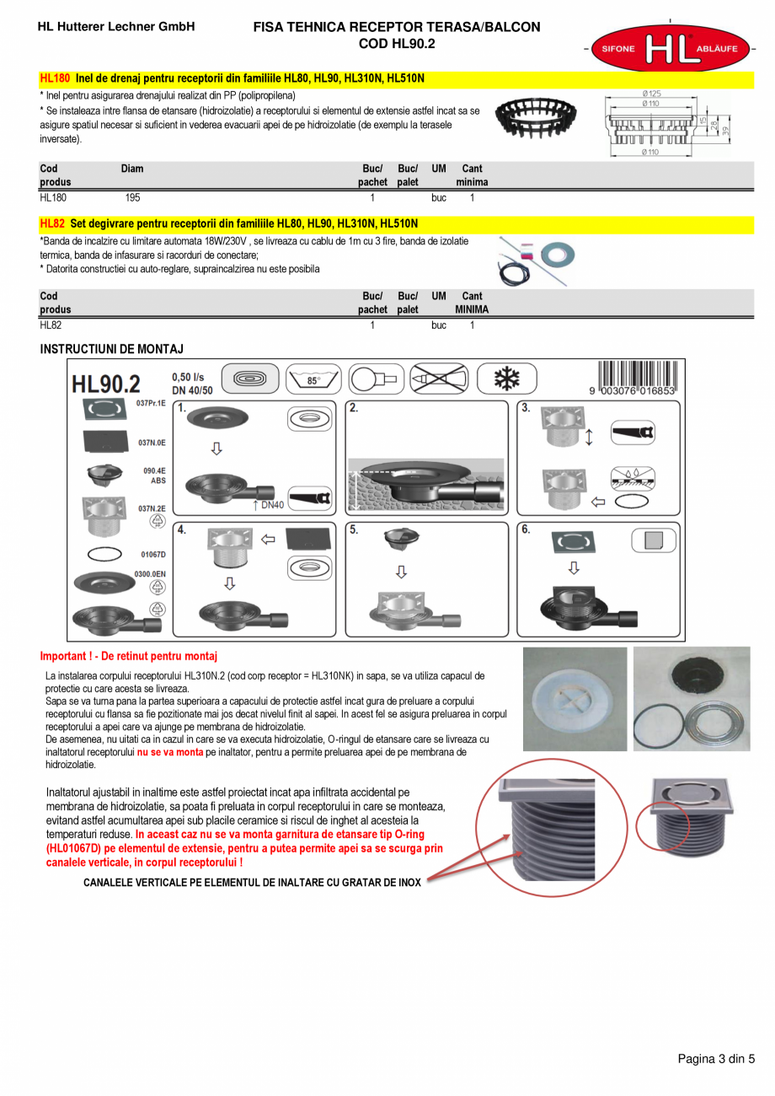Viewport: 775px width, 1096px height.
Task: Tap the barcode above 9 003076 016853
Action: pyautogui.click(x=637, y=374)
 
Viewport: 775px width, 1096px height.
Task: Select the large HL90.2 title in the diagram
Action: pyautogui.click(x=106, y=384)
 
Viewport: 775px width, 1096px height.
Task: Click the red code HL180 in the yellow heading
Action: pyautogui.click(x=55, y=78)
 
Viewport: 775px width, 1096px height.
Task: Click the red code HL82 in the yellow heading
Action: pyautogui.click(x=52, y=223)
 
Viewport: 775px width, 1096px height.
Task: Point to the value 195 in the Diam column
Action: pyautogui.click(x=132, y=198)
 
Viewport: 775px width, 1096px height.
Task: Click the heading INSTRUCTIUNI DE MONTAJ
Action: pyautogui.click(x=112, y=348)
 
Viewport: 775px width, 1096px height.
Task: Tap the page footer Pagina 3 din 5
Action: pyautogui.click(x=716, y=1059)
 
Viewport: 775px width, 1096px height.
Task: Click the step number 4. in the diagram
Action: pyautogui.click(x=182, y=530)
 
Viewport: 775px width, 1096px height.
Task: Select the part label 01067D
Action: pyautogui.click(x=152, y=555)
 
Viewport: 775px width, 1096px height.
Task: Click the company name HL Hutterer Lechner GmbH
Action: pyautogui.click(x=116, y=27)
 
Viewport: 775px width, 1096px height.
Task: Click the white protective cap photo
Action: pyautogui.click(x=575, y=699)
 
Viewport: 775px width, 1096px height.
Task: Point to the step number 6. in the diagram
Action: pyautogui.click(x=526, y=530)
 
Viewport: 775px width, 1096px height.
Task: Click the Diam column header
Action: pyautogui.click(x=132, y=169)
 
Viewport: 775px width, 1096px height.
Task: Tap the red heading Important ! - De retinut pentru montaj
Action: pyautogui.click(x=129, y=656)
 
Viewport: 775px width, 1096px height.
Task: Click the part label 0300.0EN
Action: pyautogui.click(x=150, y=573)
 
